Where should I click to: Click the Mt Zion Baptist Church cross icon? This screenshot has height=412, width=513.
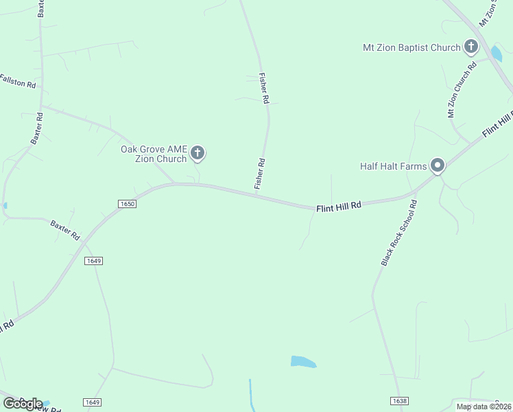[470, 47]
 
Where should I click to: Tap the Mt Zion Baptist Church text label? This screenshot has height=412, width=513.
[411, 48]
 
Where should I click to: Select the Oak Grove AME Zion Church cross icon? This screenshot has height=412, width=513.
[198, 153]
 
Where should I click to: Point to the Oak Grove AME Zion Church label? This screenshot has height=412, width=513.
[154, 154]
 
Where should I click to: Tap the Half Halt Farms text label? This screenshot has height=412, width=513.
[394, 166]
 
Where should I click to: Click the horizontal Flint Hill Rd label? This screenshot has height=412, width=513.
[338, 207]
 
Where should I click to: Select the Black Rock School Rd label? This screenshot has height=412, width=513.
[399, 233]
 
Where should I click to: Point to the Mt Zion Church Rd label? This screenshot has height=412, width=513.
[462, 91]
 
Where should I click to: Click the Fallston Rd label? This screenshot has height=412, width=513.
[17, 81]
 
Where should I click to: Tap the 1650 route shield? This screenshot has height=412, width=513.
[127, 204]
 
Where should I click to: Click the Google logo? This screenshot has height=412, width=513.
[22, 403]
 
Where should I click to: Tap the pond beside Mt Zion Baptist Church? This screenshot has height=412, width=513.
[496, 54]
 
